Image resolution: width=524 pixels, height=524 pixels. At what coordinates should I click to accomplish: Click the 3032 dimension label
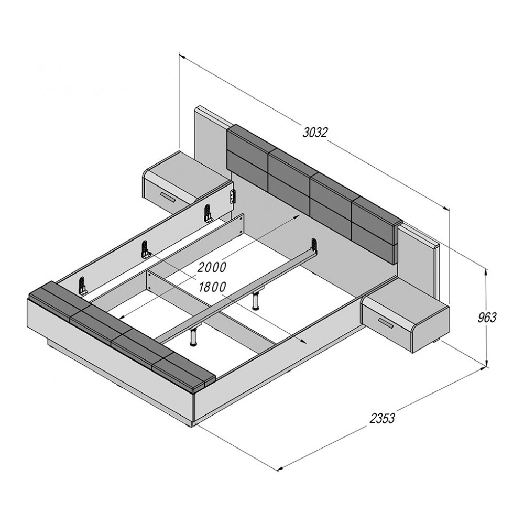[315, 133]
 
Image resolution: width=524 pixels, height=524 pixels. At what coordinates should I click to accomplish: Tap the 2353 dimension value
[383, 418]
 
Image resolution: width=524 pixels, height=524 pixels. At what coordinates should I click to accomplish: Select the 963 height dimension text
[487, 317]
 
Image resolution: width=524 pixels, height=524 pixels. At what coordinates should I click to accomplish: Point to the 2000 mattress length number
[212, 267]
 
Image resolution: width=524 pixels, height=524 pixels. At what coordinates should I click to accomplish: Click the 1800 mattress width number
[212, 287]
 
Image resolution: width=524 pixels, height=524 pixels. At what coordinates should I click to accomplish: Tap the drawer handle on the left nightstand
[168, 198]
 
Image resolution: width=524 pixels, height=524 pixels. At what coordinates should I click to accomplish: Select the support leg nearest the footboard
[193, 336]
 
